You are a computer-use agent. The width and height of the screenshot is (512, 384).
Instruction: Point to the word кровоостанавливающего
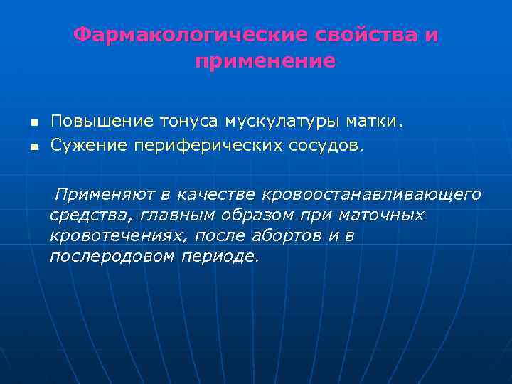coord(372,194)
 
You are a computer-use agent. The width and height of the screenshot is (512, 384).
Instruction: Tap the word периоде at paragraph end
coord(220,256)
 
